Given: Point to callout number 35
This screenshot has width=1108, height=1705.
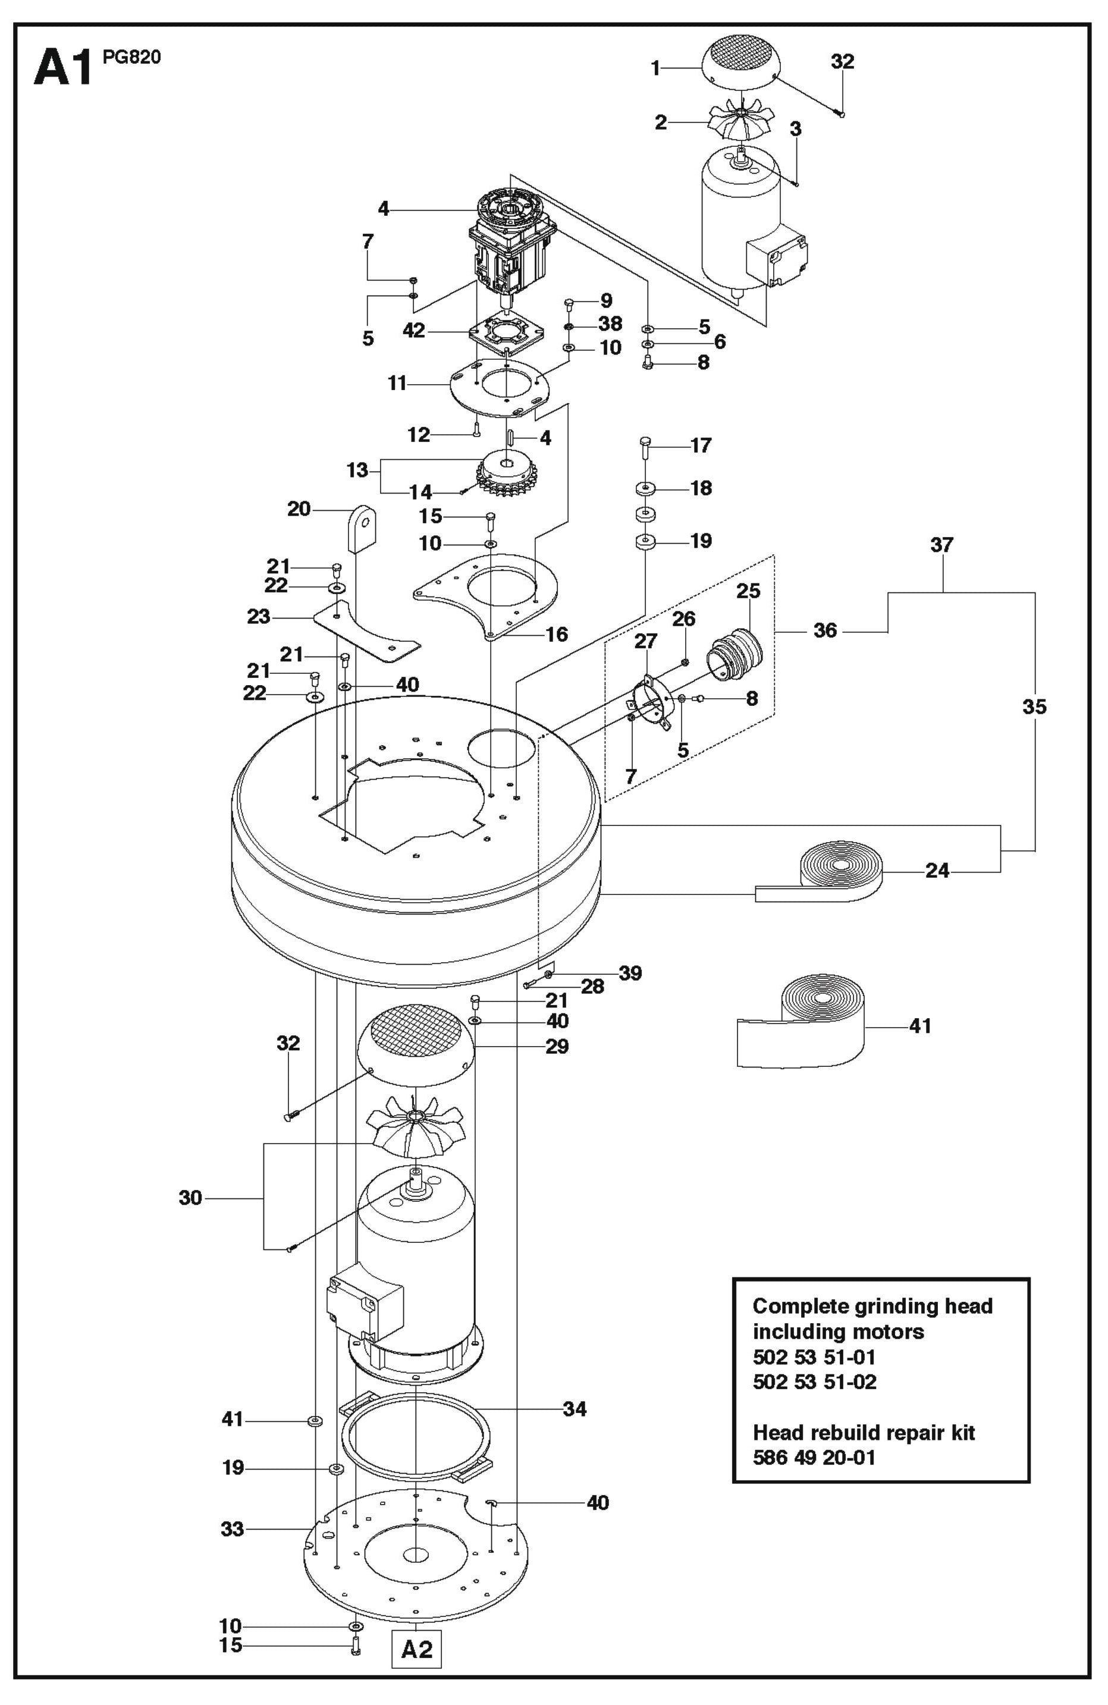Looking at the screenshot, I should [1034, 707].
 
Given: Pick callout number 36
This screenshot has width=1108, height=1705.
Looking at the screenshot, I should [825, 630].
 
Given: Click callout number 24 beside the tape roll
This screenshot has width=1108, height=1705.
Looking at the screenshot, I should [937, 871].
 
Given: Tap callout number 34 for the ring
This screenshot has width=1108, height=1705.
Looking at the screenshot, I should [575, 1409].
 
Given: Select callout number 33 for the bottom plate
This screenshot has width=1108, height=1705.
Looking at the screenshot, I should [232, 1530].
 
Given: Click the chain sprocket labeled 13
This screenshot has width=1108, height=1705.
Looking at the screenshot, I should [507, 476].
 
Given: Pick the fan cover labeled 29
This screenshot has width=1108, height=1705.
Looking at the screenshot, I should [415, 1047].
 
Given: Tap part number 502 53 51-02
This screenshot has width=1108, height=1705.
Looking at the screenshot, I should [814, 1381].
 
